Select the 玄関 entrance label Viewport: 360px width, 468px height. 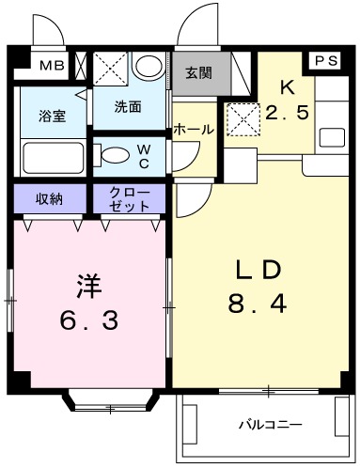click(198, 73)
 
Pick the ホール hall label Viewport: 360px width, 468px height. click(194, 130)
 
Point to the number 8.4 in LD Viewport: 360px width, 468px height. click(257, 304)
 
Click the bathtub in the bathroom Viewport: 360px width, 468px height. click(53, 157)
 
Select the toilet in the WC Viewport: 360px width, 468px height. click(110, 155)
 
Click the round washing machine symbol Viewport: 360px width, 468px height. click(149, 67)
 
